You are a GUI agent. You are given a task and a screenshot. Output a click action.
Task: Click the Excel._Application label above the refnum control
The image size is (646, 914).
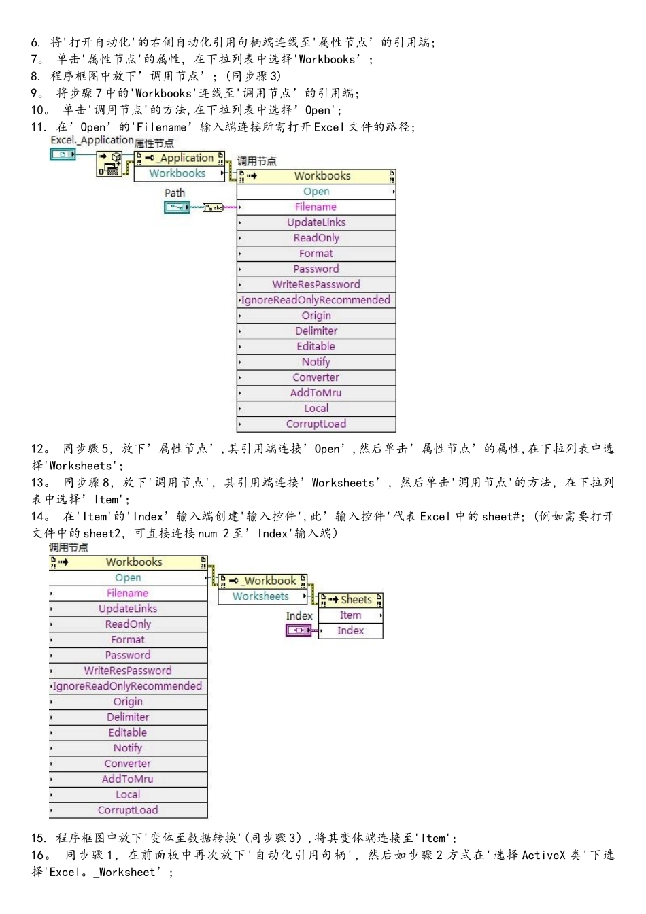(92, 140)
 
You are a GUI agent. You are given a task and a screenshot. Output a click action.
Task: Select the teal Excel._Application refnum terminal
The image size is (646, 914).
(63, 154)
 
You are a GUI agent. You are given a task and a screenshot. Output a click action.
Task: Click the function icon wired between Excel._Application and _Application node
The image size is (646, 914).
(109, 164)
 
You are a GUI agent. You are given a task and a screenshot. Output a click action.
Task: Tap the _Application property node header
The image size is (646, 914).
(180, 158)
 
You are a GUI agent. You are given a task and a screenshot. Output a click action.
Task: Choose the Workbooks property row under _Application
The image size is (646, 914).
(180, 173)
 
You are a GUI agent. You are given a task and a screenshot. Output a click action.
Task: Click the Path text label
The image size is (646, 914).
(175, 192)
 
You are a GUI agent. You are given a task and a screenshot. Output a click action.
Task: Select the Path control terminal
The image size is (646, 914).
(177, 207)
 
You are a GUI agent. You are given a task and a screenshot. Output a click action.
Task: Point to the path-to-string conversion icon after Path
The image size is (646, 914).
(214, 207)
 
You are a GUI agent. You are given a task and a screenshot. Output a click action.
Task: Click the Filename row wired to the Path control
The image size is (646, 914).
(316, 207)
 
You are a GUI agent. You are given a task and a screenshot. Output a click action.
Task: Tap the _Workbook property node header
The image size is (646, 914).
(262, 581)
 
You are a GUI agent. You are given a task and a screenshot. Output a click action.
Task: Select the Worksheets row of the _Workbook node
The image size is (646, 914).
(262, 596)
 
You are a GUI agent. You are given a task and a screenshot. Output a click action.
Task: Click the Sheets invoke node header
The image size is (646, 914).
(351, 600)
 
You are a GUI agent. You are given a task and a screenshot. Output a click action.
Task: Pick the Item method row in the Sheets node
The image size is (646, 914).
(351, 615)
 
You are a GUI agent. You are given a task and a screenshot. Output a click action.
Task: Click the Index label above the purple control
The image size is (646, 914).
(299, 615)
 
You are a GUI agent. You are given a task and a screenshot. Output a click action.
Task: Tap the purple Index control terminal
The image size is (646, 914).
(299, 630)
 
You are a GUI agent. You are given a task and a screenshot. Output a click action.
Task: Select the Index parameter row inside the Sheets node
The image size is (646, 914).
(351, 631)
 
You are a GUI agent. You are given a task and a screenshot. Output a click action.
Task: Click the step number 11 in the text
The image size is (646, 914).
(38, 127)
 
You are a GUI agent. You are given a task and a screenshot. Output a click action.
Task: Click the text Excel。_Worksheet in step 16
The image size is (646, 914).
(103, 873)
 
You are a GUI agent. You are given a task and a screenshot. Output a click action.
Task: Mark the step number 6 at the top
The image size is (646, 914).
(35, 42)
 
